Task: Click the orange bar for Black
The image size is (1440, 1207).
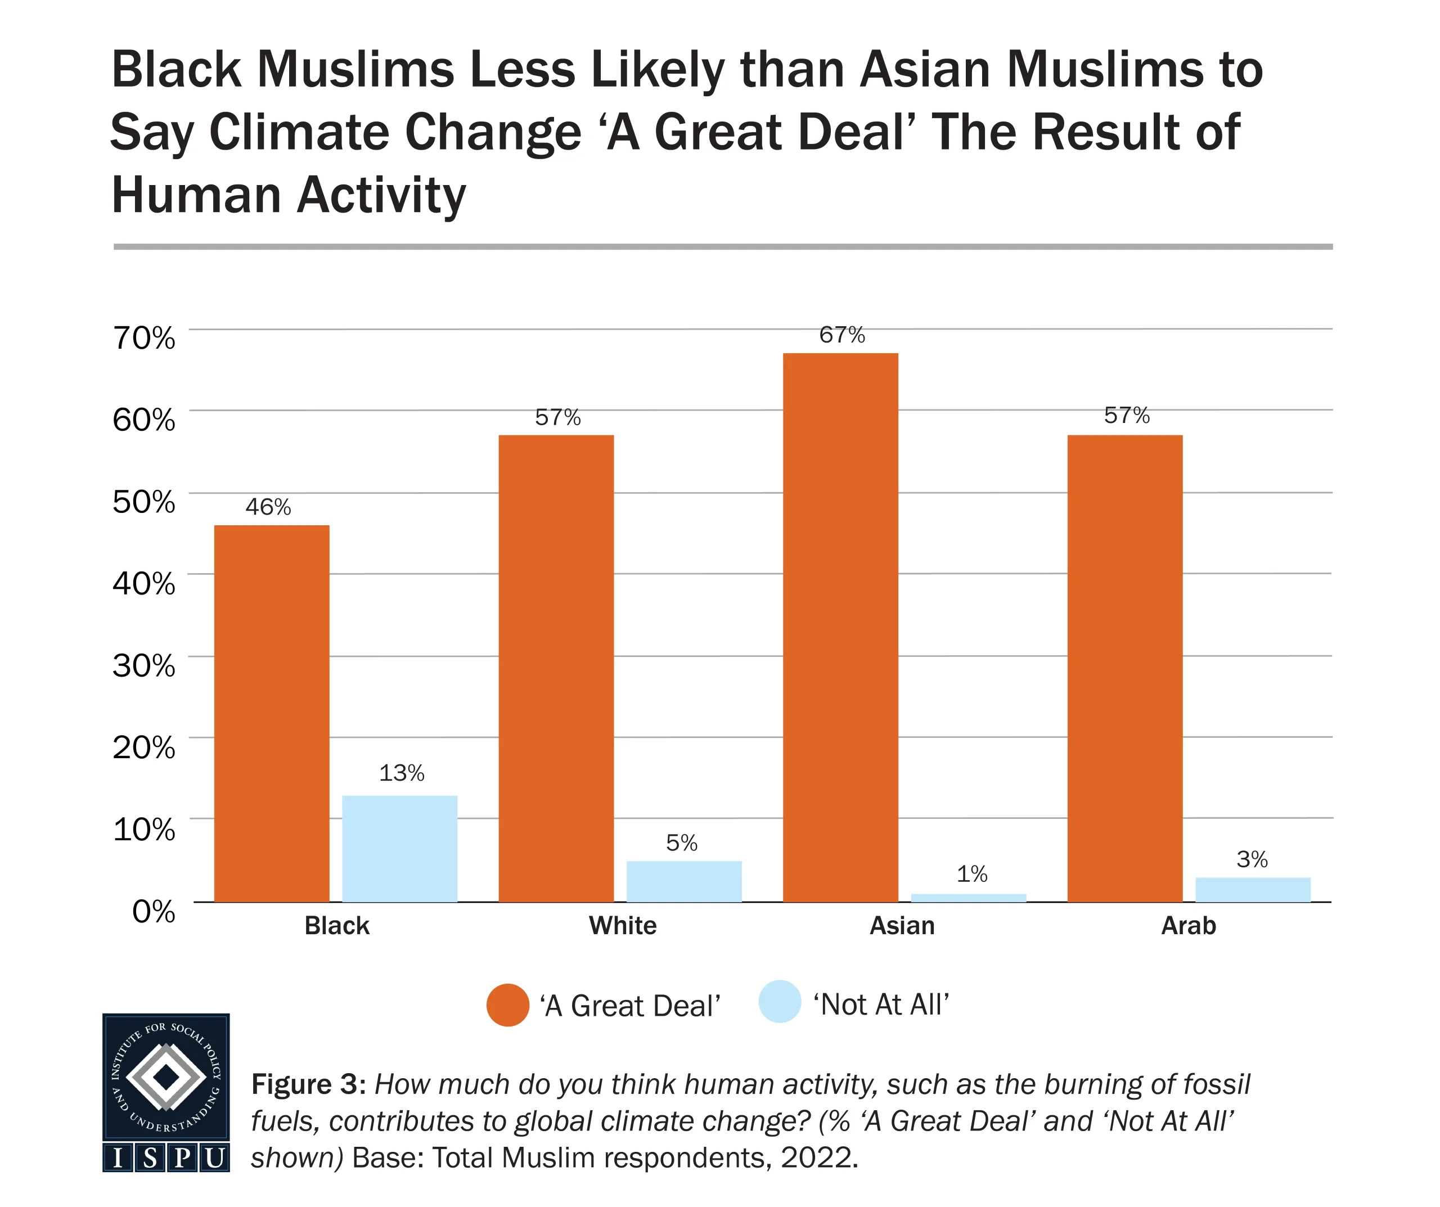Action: coord(272,713)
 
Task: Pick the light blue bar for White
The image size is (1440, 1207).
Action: coord(683,881)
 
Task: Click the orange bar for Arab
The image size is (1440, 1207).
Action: coord(1124,669)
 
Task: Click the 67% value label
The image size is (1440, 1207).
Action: coord(841,335)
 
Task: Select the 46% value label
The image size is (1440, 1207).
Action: coord(268,507)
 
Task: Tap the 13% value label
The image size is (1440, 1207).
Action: coord(401,773)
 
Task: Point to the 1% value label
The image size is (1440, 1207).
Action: coord(971,873)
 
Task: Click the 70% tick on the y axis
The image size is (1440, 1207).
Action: coord(144,338)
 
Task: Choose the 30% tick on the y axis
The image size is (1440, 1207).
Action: coord(144,665)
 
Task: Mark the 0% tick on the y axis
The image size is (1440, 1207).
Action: coord(153,911)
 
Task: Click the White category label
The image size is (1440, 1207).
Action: coord(622,926)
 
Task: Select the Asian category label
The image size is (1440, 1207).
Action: coord(901,926)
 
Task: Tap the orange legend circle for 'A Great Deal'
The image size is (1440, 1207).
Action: coord(507,1006)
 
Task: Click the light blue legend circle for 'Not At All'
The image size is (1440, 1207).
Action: coord(780,1002)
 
